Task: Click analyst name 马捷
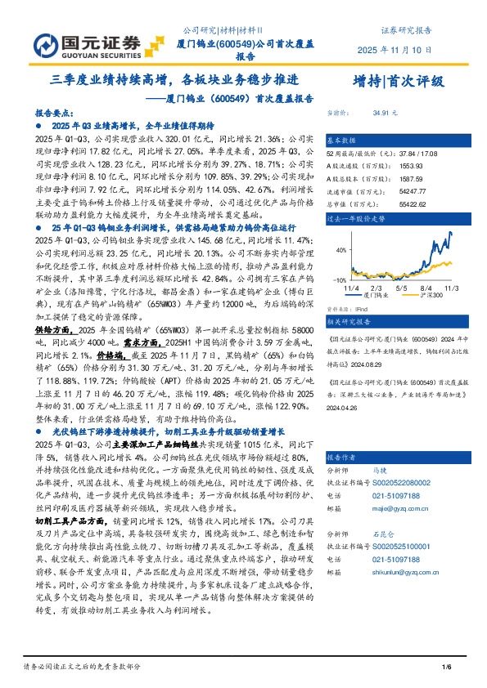pos(380,471)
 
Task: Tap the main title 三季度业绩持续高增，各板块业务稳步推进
pos(171,80)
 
